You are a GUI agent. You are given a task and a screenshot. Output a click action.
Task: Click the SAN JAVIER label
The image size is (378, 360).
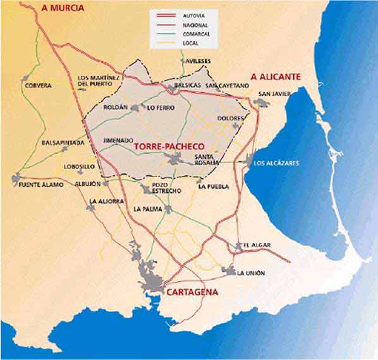tap(274, 94)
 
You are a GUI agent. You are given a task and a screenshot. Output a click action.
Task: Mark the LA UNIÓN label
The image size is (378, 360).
tap(251, 273)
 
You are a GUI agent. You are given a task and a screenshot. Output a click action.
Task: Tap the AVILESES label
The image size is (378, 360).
tap(198, 61)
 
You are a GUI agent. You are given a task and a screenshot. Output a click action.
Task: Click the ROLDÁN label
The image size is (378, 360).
tap(115, 108)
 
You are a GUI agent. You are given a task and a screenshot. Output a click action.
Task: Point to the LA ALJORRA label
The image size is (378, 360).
tap(105, 201)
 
